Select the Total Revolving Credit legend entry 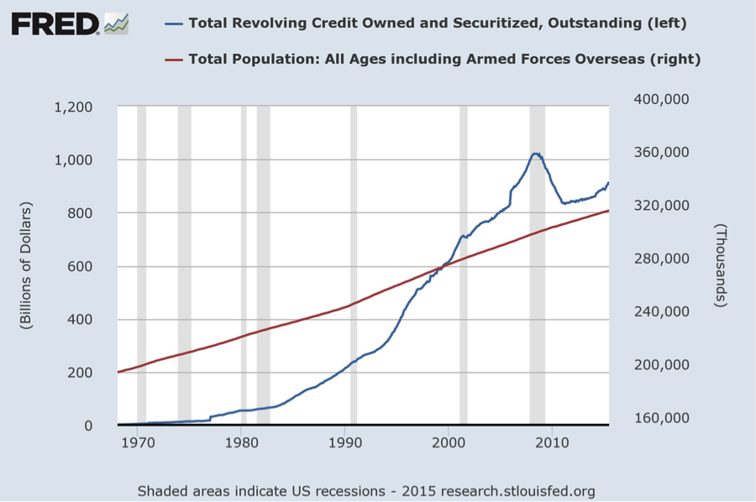tap(437, 24)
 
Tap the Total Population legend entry tap(444, 59)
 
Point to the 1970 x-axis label tap(138, 442)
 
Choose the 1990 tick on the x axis tap(345, 442)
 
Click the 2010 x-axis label tap(552, 442)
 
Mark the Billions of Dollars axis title tap(27, 266)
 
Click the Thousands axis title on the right tap(721, 266)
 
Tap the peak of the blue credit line tap(535, 154)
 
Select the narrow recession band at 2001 tap(464, 336)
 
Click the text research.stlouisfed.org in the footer tap(524, 490)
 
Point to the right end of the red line tap(608, 211)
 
